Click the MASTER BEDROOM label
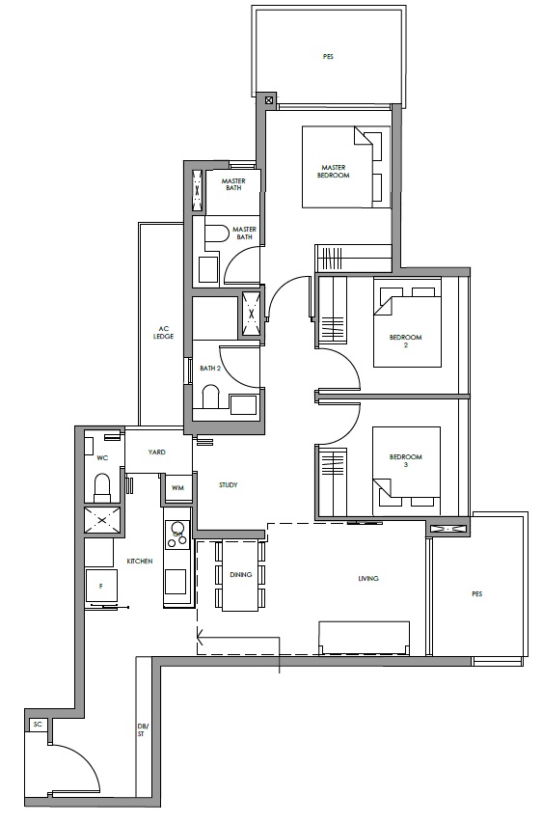(x=333, y=172)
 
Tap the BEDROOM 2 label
(x=406, y=342)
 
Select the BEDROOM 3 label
(x=406, y=460)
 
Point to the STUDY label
(x=229, y=485)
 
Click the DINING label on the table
(x=241, y=575)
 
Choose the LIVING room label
(x=368, y=578)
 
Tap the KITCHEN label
(x=140, y=562)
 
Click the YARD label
(x=157, y=452)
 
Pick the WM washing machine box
(x=177, y=488)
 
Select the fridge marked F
(x=101, y=587)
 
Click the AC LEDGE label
(x=163, y=333)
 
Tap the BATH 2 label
(x=210, y=369)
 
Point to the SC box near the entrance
(x=38, y=725)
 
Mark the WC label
(x=102, y=458)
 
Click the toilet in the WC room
(x=103, y=487)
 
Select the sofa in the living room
(x=365, y=638)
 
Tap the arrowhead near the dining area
(x=200, y=638)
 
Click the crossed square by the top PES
(x=269, y=99)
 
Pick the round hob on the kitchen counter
(x=177, y=529)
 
